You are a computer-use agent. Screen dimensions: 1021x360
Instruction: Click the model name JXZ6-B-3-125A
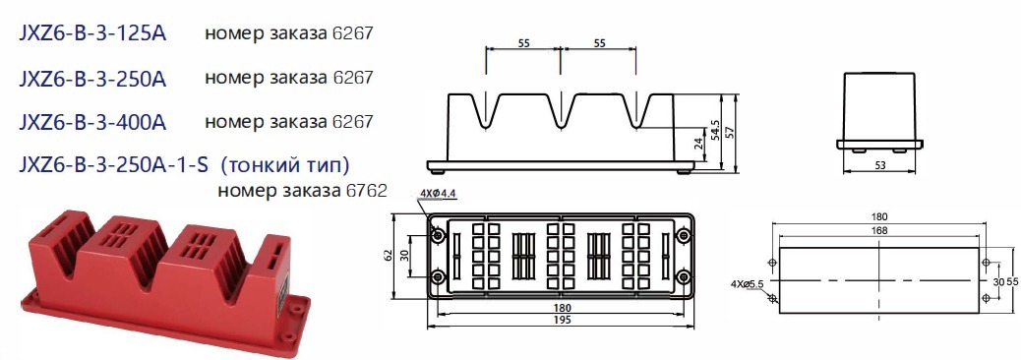pos(92,33)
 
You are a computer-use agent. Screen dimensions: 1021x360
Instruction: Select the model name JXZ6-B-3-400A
pos(92,122)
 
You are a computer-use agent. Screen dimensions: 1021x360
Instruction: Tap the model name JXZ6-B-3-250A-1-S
pos(113,164)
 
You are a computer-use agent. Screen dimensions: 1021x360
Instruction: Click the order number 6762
pos(367,191)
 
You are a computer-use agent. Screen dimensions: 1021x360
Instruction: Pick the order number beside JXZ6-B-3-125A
pos(353,33)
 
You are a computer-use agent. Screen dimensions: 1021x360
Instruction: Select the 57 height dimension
pos(730,132)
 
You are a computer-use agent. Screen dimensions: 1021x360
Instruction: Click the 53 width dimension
pos(879,165)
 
